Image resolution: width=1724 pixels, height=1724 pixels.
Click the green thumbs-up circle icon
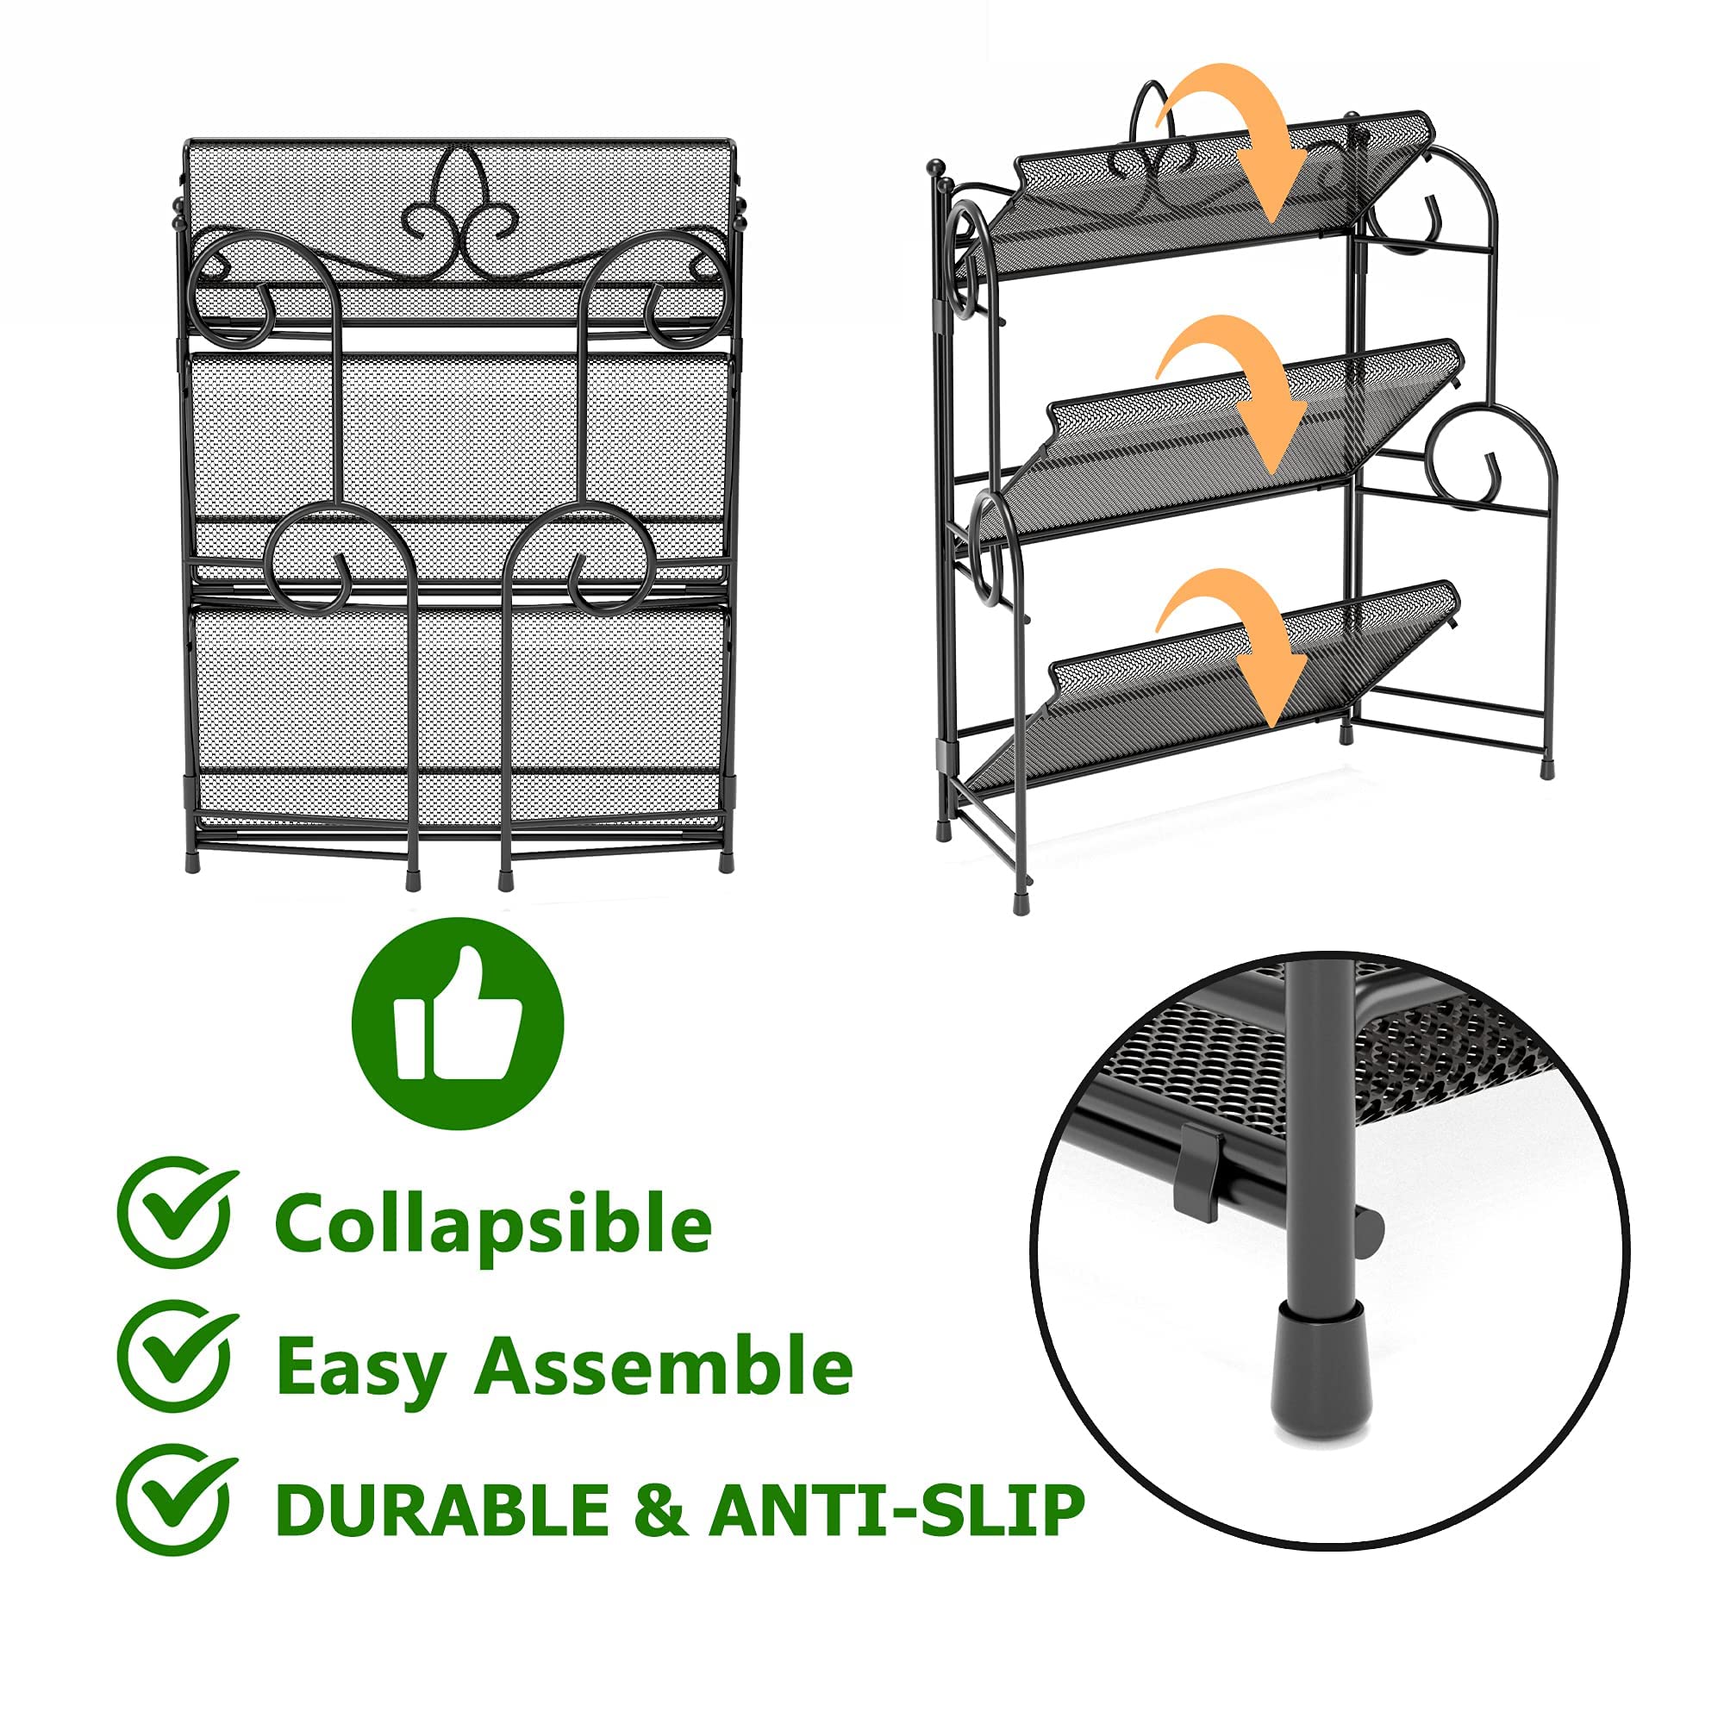click(x=458, y=1022)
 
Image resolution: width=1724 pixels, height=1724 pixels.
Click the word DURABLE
click(x=441, y=1510)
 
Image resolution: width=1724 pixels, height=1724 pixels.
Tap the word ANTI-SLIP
click(x=896, y=1510)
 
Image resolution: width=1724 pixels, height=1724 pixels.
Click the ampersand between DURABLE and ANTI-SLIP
click(x=659, y=1510)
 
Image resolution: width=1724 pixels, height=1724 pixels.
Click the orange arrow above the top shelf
click(x=1240, y=134)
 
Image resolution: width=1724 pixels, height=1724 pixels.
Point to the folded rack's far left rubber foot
click(x=192, y=864)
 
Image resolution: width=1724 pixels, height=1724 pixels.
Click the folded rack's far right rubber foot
click(x=726, y=863)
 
